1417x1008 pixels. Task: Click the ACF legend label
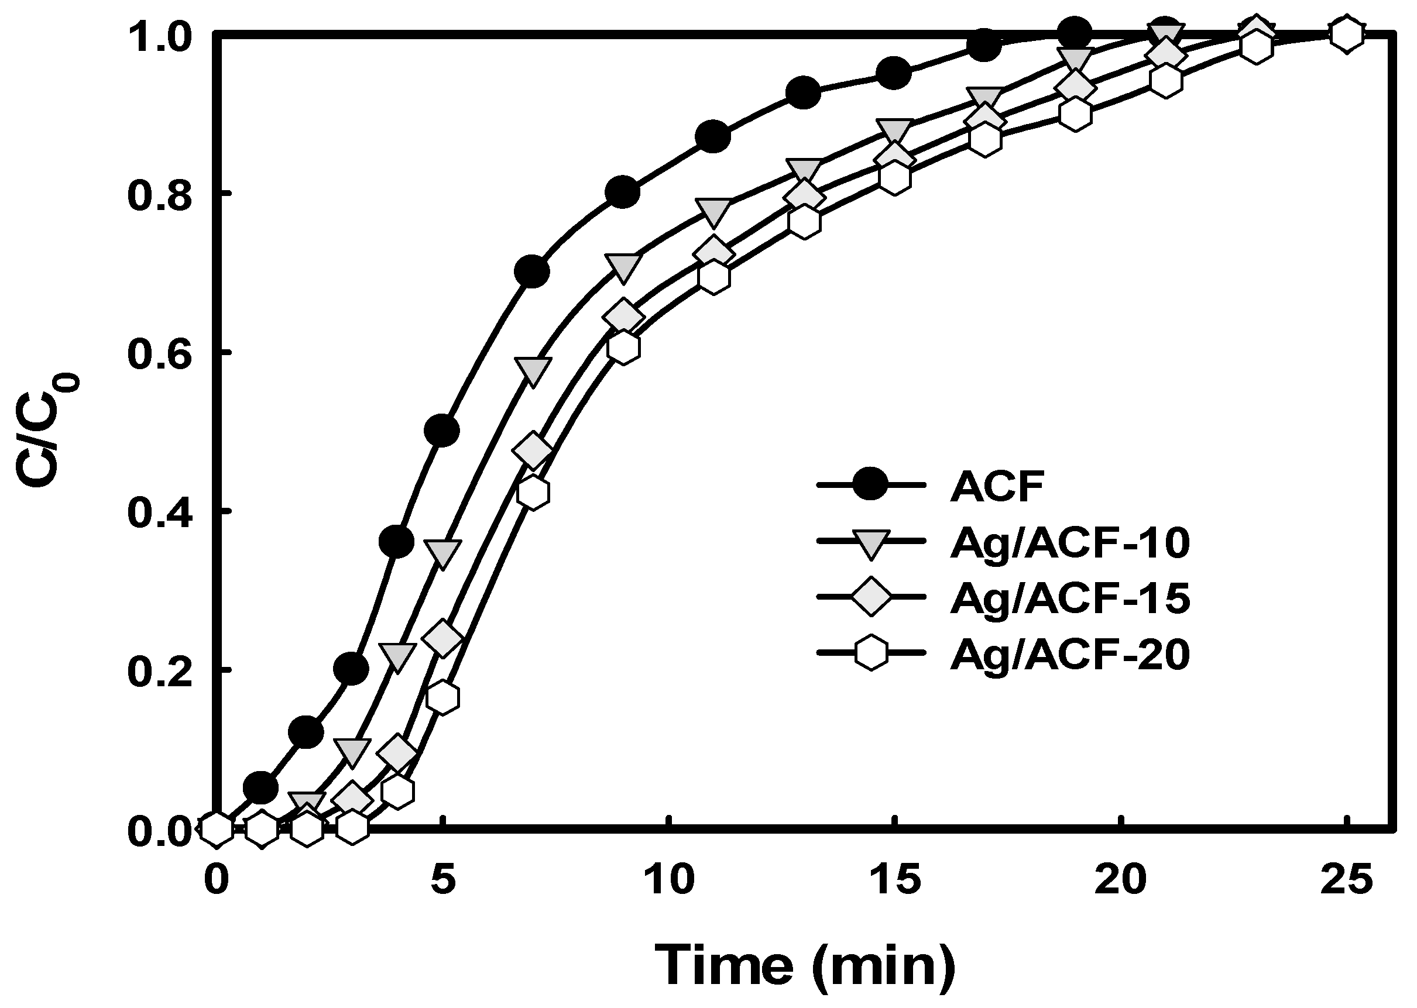(997, 486)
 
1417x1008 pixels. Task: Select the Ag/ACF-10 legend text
(1069, 543)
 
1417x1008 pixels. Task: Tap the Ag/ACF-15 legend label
(1069, 598)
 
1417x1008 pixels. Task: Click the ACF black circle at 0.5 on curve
(441, 430)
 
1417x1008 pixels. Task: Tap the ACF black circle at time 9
(622, 192)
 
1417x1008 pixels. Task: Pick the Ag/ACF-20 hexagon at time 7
(533, 492)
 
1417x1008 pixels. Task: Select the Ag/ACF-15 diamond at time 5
(442, 638)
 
